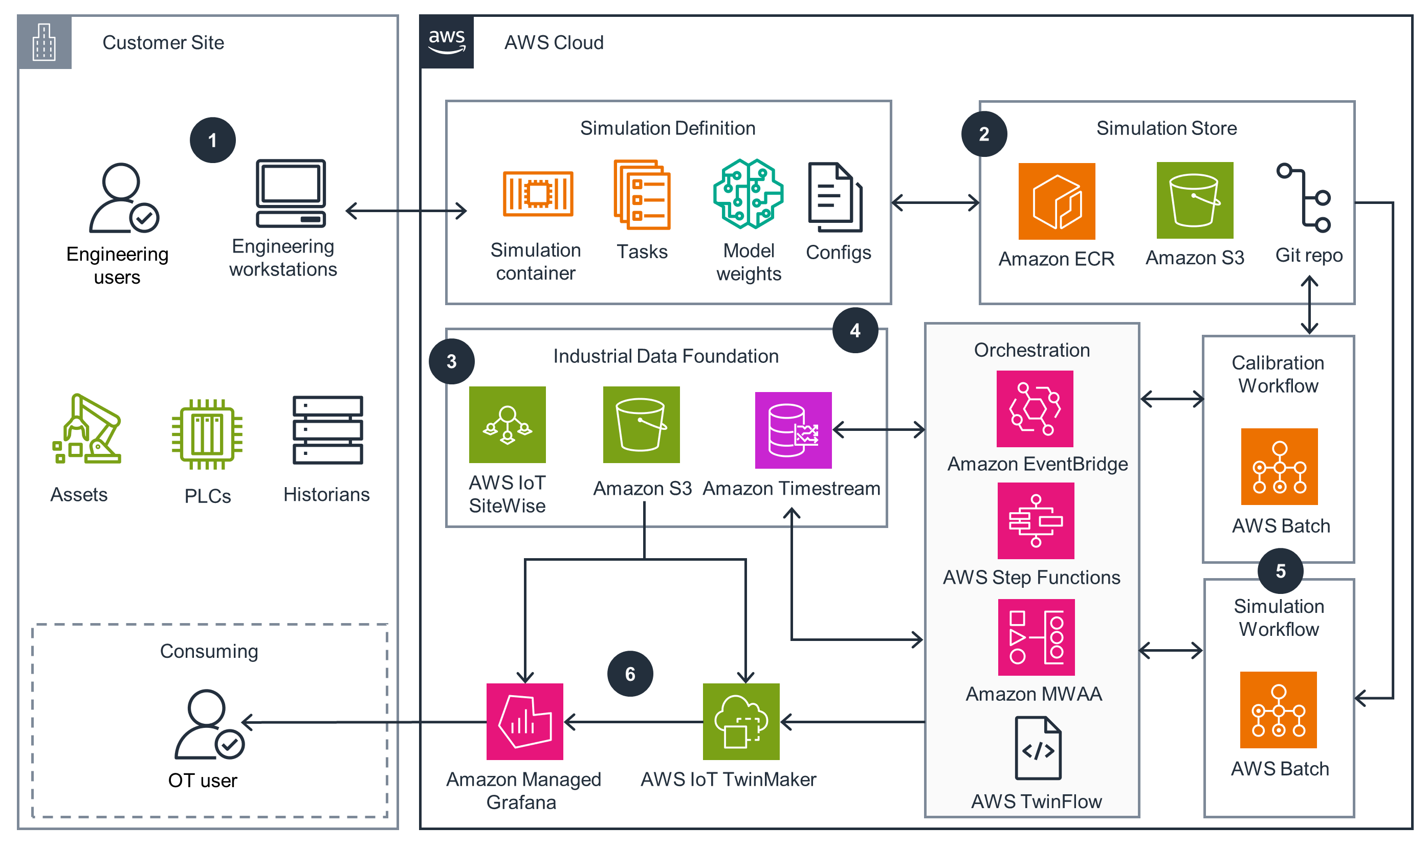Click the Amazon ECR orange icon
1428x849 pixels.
point(1057,201)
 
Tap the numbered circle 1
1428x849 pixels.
point(212,140)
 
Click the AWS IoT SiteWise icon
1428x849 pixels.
point(508,424)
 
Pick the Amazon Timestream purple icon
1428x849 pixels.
point(793,430)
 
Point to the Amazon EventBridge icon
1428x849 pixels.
point(1035,408)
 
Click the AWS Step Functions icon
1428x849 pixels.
point(1035,521)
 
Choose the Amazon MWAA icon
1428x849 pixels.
point(1036,637)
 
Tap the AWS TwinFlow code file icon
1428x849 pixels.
point(1038,748)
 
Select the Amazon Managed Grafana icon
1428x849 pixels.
point(524,721)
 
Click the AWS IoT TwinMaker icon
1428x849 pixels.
point(741,721)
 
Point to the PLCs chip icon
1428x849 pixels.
point(207,434)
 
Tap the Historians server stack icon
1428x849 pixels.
point(327,430)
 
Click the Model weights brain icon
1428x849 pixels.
point(748,194)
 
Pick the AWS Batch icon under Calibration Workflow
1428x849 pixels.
point(1279,466)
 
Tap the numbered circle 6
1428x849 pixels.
point(630,674)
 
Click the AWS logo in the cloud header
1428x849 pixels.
point(447,42)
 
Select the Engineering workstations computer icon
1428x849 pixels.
point(291,193)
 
